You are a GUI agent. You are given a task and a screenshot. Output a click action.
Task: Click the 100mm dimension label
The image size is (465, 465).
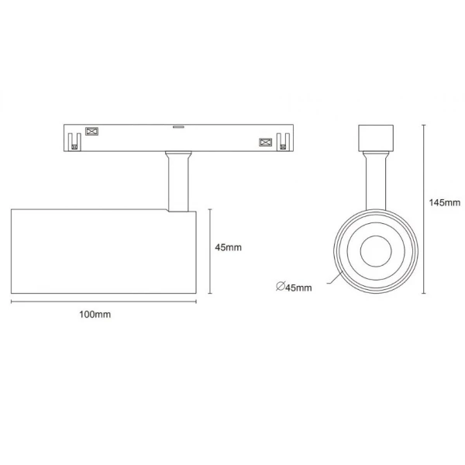click(x=95, y=315)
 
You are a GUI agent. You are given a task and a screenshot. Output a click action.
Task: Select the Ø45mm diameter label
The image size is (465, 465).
click(x=294, y=288)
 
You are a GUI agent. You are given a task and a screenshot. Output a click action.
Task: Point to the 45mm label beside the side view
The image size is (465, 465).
click(x=229, y=248)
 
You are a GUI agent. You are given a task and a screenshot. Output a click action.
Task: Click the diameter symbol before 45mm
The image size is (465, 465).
click(x=280, y=288)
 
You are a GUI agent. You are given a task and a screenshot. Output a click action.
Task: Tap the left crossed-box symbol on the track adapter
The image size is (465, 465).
click(x=90, y=132)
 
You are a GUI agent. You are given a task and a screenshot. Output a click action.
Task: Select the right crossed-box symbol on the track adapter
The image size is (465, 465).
click(x=265, y=143)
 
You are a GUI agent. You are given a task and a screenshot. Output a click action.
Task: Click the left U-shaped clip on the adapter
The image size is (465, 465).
click(x=75, y=142)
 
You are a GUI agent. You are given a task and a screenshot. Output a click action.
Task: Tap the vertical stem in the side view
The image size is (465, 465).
click(x=177, y=186)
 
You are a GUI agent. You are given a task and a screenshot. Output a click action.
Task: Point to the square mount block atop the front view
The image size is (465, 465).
click(x=374, y=136)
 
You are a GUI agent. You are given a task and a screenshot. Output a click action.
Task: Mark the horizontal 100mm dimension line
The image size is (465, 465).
click(x=103, y=302)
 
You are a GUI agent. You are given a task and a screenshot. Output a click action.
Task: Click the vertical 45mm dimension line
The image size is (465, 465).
click(x=209, y=251)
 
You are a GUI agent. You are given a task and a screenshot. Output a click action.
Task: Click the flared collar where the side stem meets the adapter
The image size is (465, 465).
click(x=177, y=156)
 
